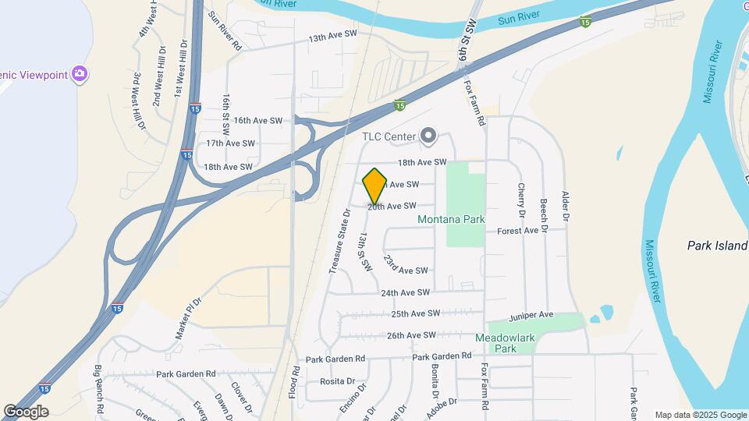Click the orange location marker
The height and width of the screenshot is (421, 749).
(375, 186)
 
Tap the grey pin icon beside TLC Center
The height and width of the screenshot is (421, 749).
(428, 136)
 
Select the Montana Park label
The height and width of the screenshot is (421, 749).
(451, 219)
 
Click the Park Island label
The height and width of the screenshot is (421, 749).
(717, 246)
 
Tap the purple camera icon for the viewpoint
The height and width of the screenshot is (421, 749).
(78, 74)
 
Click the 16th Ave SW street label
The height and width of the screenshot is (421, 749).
(257, 120)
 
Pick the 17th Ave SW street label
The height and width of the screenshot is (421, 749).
(230, 143)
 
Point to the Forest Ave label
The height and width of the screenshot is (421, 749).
(518, 231)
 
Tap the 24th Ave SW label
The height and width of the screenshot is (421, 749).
(405, 292)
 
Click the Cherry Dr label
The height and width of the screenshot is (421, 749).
(521, 200)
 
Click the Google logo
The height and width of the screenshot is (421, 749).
(26, 411)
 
